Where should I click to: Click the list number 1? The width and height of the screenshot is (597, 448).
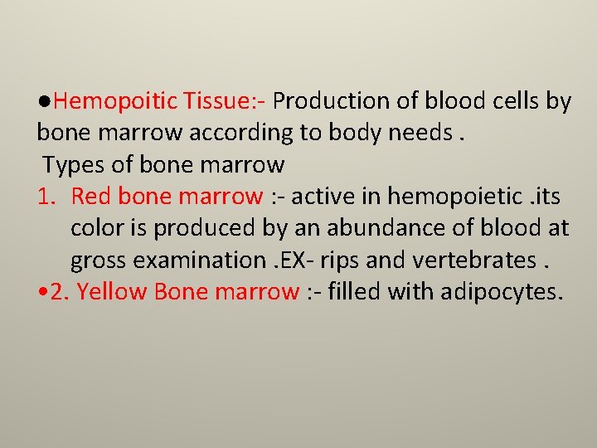point(46,197)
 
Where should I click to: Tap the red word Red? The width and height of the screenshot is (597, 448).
point(92,197)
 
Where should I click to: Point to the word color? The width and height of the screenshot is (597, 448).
point(97,228)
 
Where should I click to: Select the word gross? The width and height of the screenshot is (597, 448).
point(99,261)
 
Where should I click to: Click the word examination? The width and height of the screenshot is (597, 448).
point(222,260)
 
